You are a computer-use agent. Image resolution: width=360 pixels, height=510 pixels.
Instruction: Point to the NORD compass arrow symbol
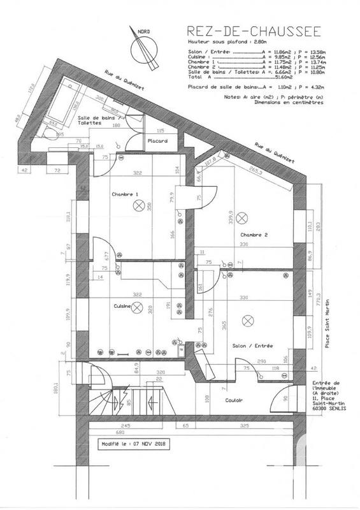pyautogui.click(x=142, y=48)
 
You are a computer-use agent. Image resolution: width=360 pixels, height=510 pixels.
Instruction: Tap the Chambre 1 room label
pyautogui.click(x=124, y=194)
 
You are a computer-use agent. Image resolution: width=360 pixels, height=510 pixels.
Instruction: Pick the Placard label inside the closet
pyautogui.click(x=157, y=140)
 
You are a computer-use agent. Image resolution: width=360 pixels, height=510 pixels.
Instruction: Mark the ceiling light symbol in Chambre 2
pyautogui.click(x=241, y=218)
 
